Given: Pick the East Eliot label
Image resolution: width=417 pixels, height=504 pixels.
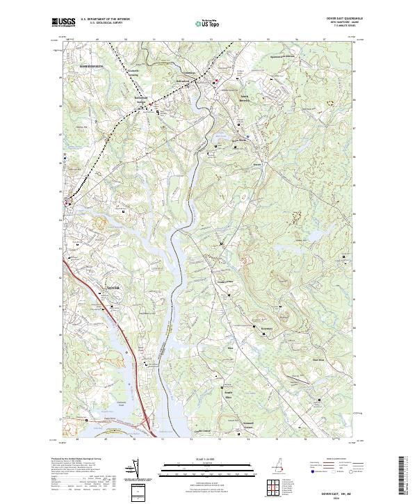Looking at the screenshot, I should coord(318,359).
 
